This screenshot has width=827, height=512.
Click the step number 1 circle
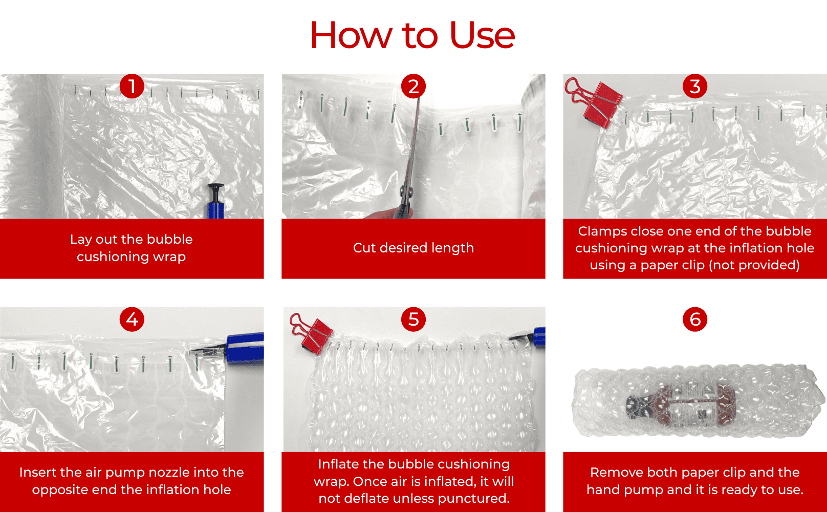[132, 86]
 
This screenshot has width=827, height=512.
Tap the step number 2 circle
[413, 86]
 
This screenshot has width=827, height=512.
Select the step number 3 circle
[695, 86]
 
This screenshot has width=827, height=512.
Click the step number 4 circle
[132, 319]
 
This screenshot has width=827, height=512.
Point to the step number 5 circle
[413, 319]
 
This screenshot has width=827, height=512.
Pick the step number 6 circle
[695, 319]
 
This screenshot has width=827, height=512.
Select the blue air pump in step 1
[215, 201]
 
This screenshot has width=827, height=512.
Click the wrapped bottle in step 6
[680, 405]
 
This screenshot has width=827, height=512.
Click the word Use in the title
[482, 35]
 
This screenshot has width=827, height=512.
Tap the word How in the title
[351, 35]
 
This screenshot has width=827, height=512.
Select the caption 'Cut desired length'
[413, 248]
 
